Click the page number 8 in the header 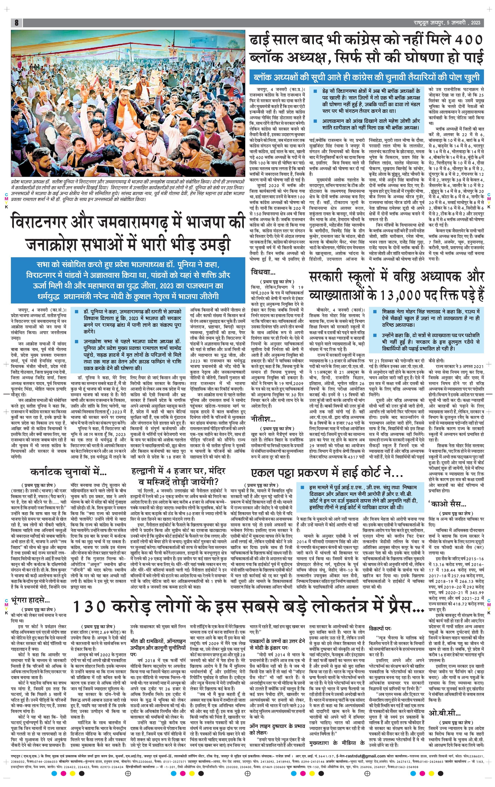(16, 23)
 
